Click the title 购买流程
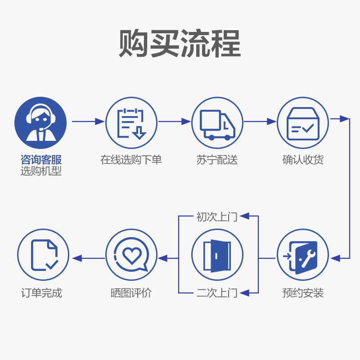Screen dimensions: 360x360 tap(180, 44)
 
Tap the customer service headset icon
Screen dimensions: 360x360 tap(40, 123)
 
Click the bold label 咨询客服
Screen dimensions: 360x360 tap(41, 160)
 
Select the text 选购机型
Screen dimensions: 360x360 tap(41, 171)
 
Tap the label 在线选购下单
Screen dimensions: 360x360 tap(131, 160)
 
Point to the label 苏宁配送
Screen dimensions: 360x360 tap(217, 160)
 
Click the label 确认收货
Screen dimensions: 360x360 tap(303, 160)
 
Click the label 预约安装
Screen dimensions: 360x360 tap(303, 293)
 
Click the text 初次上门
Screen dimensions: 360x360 tap(217, 217)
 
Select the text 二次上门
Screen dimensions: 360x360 tap(217, 293)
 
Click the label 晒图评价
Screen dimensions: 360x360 tap(131, 293)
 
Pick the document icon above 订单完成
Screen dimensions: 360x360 tap(43, 255)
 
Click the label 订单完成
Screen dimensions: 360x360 tap(41, 293)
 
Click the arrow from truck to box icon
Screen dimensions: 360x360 tap(260, 121)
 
